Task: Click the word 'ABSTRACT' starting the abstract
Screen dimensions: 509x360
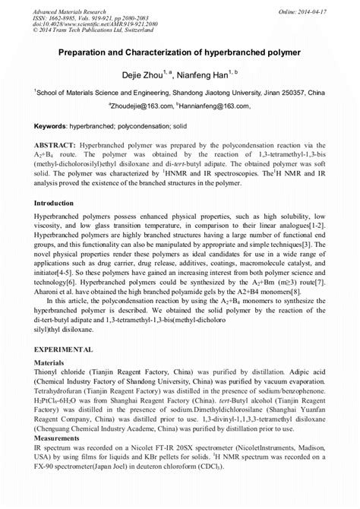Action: tap(55, 144)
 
